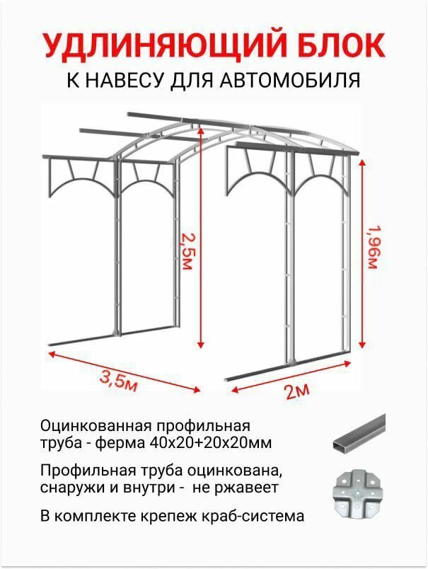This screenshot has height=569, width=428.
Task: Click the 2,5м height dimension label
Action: click(186, 251)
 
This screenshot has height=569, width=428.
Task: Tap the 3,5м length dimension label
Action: click(117, 380)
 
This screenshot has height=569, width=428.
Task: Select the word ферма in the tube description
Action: click(120, 443)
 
